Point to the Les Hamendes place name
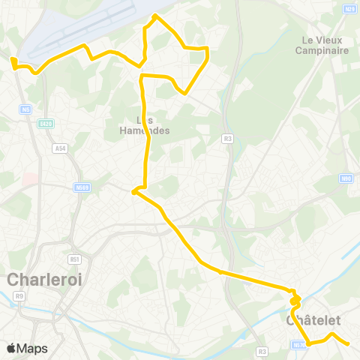pos(145,125)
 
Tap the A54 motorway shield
pos(60,148)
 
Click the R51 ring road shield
pos(74,259)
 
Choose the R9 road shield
pos(19,296)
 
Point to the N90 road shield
pos(346,178)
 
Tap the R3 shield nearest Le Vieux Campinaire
pos(227,138)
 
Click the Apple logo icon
pos(12,348)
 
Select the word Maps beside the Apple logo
pos(32,348)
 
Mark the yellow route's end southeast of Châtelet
pos(348,344)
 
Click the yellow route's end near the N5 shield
pos(12,59)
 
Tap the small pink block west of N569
pos(30,178)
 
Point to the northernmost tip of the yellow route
pos(155,15)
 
